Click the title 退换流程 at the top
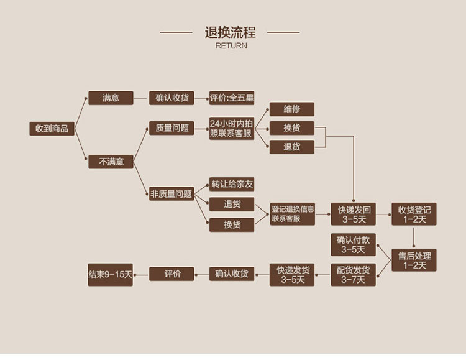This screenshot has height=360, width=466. (x=231, y=32)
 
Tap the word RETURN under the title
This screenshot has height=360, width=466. (x=231, y=45)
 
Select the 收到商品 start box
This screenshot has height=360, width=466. (x=52, y=129)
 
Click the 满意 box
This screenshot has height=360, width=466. (x=111, y=98)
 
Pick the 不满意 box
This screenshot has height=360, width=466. (x=111, y=162)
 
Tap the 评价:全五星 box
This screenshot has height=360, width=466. (x=232, y=98)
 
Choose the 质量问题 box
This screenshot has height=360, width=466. (x=172, y=128)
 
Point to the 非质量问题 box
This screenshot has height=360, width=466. (x=171, y=194)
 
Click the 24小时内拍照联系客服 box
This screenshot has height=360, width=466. (x=232, y=129)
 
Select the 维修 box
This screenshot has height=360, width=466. (x=292, y=109)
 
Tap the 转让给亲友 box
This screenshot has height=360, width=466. (x=232, y=184)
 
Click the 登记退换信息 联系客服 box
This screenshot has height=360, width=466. (x=293, y=214)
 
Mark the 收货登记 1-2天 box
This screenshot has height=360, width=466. (x=414, y=214)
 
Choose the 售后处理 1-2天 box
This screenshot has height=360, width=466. (x=414, y=260)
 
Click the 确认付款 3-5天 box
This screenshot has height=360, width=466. (x=353, y=244)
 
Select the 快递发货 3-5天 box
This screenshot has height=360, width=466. (x=293, y=274)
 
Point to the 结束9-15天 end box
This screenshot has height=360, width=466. (x=111, y=274)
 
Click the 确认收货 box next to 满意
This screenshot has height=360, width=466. (x=172, y=98)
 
